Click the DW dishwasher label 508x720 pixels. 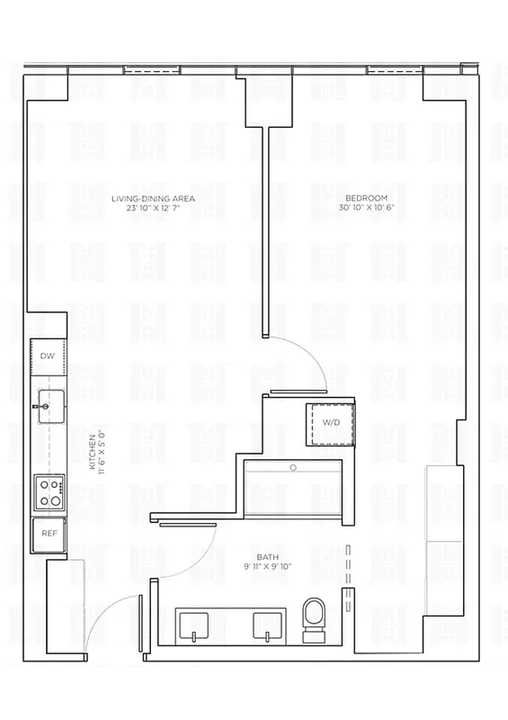[x=48, y=357]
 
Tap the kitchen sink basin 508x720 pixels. [x=50, y=400]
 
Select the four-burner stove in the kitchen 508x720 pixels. [x=49, y=493]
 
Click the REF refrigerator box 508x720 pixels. [x=49, y=534]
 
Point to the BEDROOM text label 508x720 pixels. [x=366, y=198]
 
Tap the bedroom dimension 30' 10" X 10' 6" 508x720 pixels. [x=367, y=207]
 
